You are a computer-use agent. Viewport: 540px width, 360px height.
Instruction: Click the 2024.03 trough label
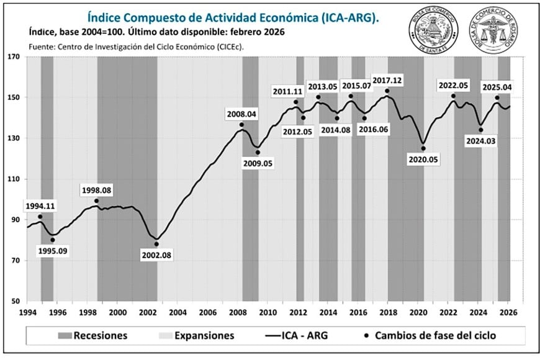[480, 141]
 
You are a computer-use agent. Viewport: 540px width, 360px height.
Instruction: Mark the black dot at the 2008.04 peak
[241, 125]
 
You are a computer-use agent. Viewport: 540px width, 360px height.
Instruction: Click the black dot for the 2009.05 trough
[258, 152]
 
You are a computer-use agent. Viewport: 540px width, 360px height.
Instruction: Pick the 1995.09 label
[53, 251]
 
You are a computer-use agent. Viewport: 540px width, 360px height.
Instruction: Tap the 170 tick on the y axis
[14, 56]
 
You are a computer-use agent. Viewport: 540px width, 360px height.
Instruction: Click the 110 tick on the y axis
[14, 179]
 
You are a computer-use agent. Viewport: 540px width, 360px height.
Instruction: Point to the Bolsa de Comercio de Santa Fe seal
[432, 30]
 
